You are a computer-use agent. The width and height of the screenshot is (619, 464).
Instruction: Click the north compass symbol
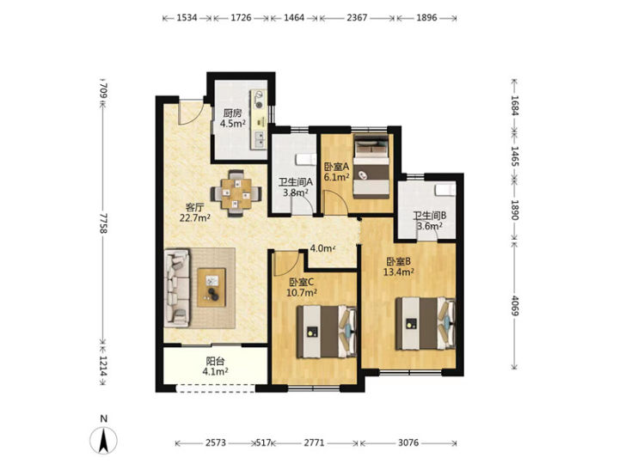pos(103,439)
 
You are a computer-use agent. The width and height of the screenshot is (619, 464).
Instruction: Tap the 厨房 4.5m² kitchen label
pos(232,118)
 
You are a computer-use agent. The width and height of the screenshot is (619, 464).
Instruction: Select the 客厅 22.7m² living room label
pos(194,212)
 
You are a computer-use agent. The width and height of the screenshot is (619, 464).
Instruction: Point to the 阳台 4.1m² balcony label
pos(215,366)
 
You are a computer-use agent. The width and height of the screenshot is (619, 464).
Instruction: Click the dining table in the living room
pos(236,193)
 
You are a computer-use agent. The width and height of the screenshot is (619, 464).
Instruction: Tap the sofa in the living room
pos(176,288)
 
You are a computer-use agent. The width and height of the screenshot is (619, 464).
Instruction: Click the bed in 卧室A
pos(371,167)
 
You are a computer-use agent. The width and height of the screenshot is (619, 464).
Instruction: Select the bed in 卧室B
pos(426,324)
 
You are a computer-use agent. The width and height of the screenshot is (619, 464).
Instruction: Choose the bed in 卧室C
pos(327,332)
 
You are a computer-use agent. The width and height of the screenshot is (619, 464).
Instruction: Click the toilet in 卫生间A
pos(306,159)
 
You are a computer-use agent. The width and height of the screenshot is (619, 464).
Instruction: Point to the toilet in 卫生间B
pos(445,190)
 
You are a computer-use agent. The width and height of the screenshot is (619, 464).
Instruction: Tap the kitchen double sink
pos(259,140)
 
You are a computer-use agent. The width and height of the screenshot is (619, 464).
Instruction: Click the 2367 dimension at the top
pos(358,18)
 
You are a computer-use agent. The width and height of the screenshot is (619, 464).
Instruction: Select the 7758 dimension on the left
pos(103,223)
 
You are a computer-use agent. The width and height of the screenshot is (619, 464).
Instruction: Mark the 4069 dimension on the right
pos(514,305)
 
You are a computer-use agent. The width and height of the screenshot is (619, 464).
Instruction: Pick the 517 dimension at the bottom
pos(263,443)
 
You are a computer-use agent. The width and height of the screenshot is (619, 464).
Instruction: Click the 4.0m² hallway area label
pos(322,248)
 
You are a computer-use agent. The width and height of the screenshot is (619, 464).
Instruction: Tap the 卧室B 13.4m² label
pos(399,266)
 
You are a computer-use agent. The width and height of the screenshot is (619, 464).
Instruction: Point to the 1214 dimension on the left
pos(103,366)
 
